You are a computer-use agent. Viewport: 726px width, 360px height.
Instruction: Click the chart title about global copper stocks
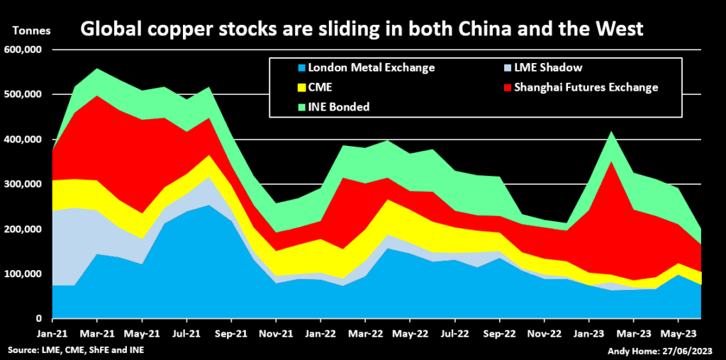click(362, 29)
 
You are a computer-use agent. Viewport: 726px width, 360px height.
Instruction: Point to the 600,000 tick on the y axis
click(23, 50)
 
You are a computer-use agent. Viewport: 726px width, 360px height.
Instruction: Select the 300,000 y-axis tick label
click(23, 184)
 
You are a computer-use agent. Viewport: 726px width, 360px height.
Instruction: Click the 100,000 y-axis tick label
click(23, 274)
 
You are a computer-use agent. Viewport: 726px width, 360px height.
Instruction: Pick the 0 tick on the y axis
click(40, 319)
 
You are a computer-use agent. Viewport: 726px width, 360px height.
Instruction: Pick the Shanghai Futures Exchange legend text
click(586, 87)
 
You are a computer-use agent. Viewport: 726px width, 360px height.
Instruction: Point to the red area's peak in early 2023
click(610, 162)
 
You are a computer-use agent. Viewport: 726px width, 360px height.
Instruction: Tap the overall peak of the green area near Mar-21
click(97, 69)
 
